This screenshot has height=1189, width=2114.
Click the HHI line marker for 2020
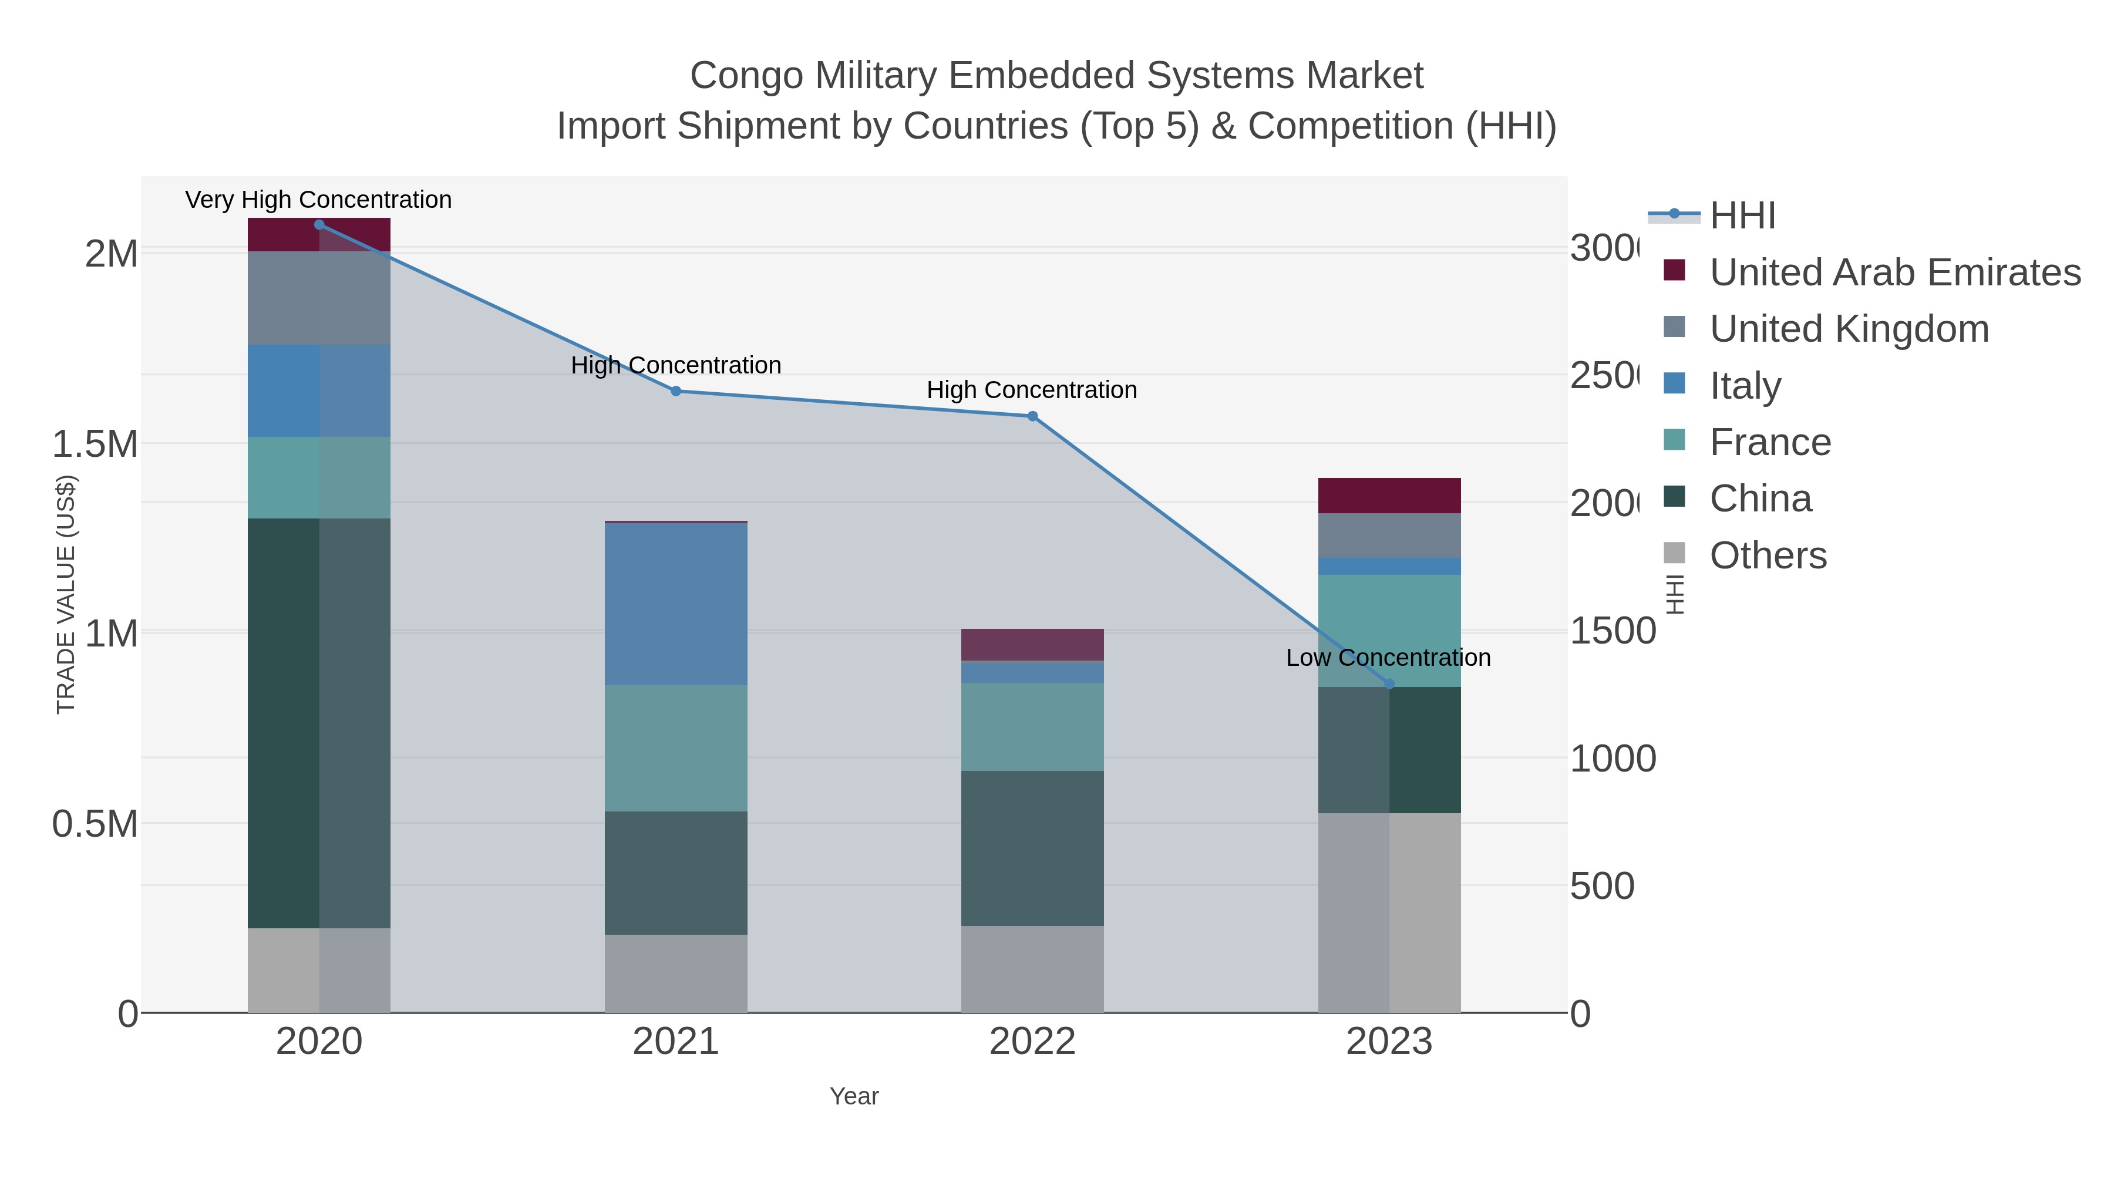[x=319, y=225]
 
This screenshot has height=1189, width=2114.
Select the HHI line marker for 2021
[x=676, y=392]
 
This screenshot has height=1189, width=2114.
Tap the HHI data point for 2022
[x=1032, y=416]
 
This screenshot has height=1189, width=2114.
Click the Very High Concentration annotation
[x=318, y=200]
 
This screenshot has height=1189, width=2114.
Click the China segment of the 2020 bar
[x=319, y=722]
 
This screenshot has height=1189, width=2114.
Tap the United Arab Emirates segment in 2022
[x=1032, y=645]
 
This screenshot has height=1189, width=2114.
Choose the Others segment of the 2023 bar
[x=1389, y=912]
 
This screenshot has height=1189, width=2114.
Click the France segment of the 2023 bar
[x=1389, y=630]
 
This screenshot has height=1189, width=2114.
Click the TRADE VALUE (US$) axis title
[x=66, y=594]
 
